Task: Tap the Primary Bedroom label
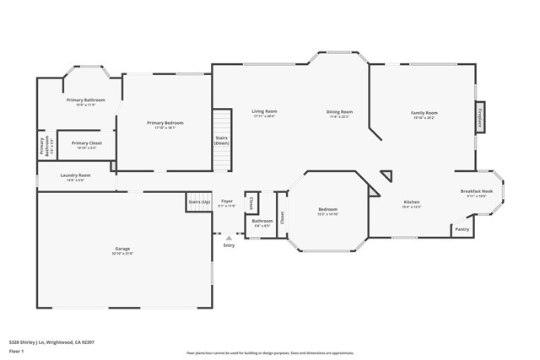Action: pos(165,125)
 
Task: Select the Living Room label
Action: pos(264,113)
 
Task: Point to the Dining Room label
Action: pos(339,113)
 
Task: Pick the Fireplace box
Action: pos(480,116)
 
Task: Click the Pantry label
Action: pos(462,228)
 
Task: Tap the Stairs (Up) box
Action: pos(199,203)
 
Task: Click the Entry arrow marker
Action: pos(229,239)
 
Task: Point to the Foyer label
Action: pos(227,202)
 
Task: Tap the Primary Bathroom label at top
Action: pos(85,102)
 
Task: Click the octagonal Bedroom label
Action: pos(327,211)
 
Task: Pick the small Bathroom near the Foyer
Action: pos(262,223)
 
